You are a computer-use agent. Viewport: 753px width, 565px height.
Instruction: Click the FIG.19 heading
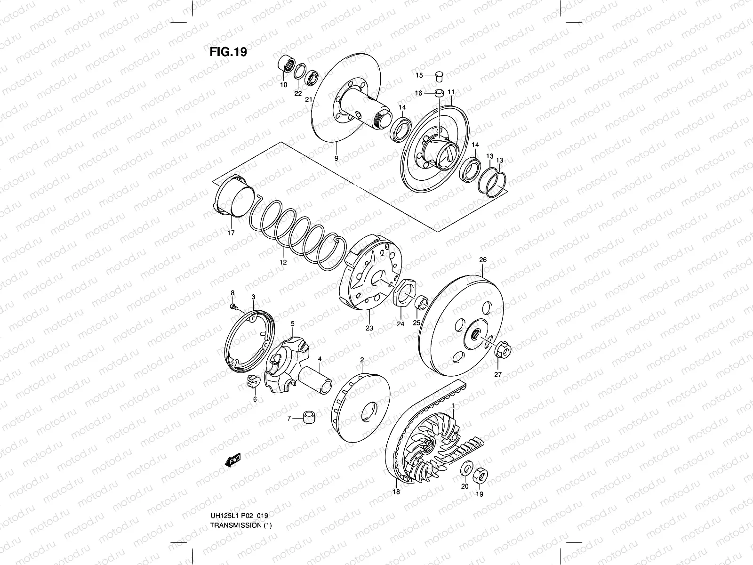(228, 52)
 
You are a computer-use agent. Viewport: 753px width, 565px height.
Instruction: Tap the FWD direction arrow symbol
(233, 459)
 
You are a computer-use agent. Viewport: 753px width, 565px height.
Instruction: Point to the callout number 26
(482, 259)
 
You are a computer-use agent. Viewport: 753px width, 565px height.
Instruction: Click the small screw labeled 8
(233, 307)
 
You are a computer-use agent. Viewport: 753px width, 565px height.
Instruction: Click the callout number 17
(230, 233)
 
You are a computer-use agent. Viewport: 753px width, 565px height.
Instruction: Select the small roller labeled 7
(309, 418)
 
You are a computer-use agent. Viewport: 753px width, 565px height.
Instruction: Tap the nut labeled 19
(481, 476)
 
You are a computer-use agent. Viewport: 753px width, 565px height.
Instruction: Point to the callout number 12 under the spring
(283, 262)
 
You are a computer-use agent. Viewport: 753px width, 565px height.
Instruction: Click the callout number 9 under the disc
(336, 159)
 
